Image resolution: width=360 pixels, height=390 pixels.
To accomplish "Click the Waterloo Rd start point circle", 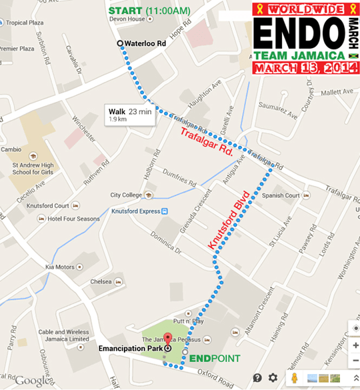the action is (x=120, y=43).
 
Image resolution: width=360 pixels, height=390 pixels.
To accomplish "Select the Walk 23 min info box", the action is (x=130, y=115).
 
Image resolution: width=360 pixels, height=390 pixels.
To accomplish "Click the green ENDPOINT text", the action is (x=214, y=359).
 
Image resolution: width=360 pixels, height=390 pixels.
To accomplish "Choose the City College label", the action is (x=127, y=195).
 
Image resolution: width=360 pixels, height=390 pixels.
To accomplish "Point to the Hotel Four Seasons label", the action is (x=73, y=219).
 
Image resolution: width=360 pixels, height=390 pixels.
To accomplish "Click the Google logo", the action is (x=32, y=381).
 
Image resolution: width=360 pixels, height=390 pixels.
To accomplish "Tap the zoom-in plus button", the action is (x=354, y=346).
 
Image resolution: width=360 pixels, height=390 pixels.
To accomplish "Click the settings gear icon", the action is (x=272, y=378).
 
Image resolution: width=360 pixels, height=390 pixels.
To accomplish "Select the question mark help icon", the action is (x=257, y=378).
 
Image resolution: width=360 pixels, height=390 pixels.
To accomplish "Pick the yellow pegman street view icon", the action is (x=293, y=378).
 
